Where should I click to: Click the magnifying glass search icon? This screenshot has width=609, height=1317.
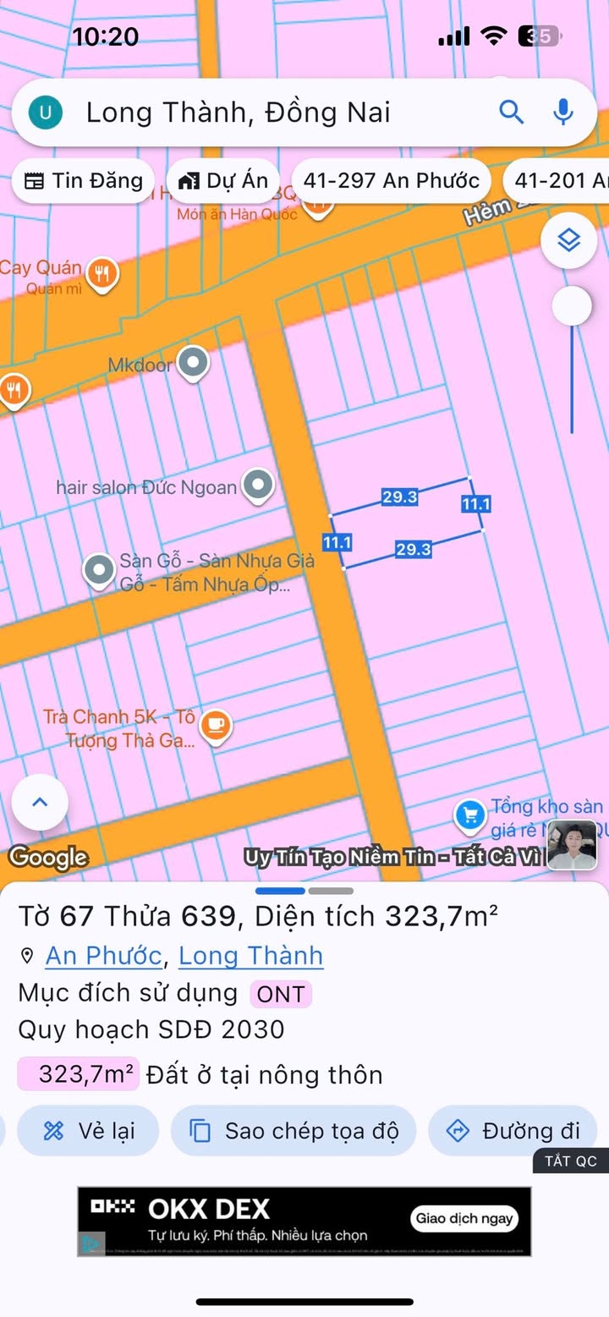tap(511, 112)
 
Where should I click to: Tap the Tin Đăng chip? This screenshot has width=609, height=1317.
tap(83, 180)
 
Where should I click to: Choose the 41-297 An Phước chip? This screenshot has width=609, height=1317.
tap(391, 180)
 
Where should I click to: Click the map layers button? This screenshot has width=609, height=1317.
tap(569, 241)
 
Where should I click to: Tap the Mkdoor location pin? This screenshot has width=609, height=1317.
tap(195, 364)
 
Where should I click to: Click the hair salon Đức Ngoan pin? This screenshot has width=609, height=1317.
tap(257, 486)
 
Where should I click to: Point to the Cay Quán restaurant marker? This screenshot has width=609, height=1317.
tap(103, 272)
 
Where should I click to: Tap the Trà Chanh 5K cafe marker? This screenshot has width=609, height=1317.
tap(217, 725)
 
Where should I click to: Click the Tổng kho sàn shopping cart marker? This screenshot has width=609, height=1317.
tap(469, 815)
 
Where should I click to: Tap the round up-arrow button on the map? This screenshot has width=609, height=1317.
tap(40, 802)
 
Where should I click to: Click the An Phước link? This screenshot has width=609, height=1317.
tap(103, 956)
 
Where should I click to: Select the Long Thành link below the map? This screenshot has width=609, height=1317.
tap(250, 956)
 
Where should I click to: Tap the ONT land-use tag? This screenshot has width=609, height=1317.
tap(280, 994)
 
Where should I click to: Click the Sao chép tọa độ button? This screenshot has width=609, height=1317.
tap(294, 1131)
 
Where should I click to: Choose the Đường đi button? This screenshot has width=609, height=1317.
tap(513, 1131)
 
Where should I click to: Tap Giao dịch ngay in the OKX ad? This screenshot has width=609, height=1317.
tap(464, 1219)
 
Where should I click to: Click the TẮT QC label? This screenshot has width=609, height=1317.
tap(570, 1161)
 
